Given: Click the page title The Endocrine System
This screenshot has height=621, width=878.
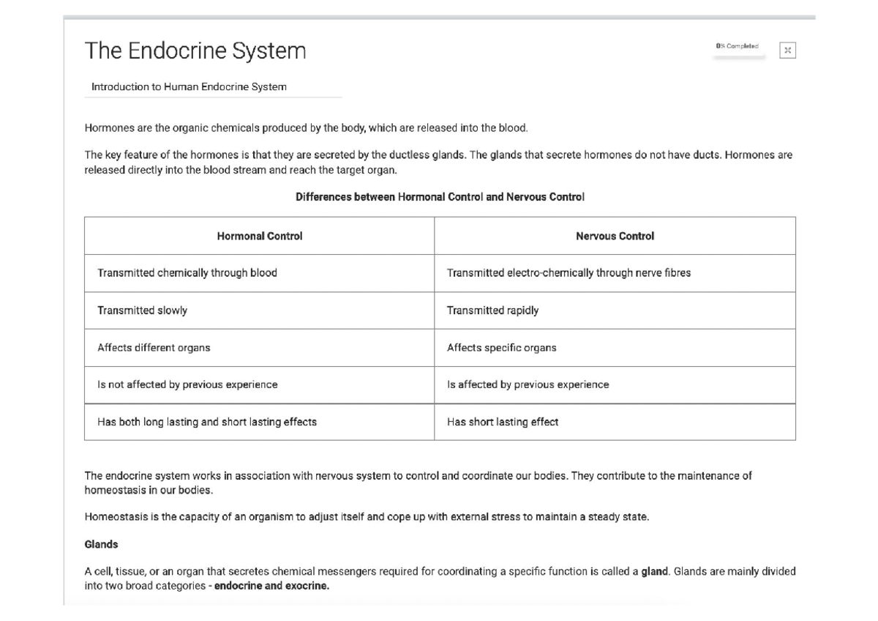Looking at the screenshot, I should click(195, 51).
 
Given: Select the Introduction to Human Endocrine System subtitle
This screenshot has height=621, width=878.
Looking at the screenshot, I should click(189, 86).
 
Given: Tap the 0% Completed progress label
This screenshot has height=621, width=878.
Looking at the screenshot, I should click(737, 47).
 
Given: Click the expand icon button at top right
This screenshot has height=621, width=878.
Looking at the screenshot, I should click(787, 51).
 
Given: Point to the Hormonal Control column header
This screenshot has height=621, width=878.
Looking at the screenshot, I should click(259, 236).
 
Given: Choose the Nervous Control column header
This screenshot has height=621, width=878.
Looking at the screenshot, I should click(615, 236).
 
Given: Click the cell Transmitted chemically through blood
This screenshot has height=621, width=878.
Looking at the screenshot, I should click(187, 273).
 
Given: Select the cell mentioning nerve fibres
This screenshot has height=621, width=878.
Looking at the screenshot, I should click(569, 273).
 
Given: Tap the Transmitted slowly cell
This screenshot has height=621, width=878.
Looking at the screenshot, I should click(142, 310).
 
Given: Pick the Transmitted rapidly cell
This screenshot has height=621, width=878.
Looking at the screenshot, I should click(492, 310).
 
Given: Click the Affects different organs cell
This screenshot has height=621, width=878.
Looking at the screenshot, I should click(154, 348).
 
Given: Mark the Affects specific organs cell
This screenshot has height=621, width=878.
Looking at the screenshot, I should click(501, 348).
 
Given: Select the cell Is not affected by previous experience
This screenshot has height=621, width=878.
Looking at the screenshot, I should click(187, 384).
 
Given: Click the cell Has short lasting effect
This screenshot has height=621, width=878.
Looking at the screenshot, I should click(502, 422).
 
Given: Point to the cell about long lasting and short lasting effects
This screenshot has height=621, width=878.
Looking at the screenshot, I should click(207, 422).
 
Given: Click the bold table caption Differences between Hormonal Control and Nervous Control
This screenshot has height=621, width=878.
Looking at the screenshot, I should click(440, 197).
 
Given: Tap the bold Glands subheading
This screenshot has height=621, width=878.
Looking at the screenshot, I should click(101, 545).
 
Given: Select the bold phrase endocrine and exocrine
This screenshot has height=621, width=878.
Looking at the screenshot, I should click(271, 586).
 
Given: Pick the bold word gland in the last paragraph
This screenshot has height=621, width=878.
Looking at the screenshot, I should click(654, 572).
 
